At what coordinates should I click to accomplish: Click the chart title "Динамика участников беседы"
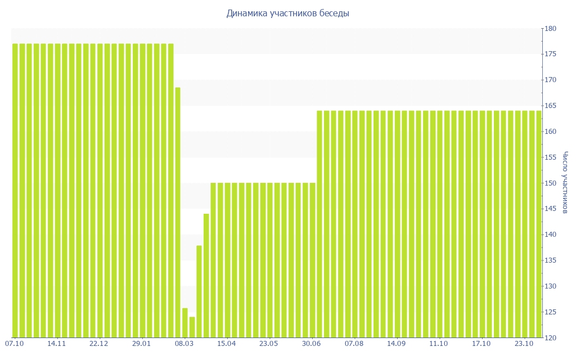(287, 13)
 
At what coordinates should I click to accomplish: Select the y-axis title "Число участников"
(565, 183)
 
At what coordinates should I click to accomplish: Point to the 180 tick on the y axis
(550, 29)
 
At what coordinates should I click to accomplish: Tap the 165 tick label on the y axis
(550, 106)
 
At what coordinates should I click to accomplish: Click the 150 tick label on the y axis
(550, 183)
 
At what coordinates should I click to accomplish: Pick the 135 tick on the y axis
(550, 260)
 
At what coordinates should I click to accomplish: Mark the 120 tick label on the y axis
(550, 338)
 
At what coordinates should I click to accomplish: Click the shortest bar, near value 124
(192, 327)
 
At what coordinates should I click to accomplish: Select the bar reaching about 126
(185, 323)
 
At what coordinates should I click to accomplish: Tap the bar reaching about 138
(199, 291)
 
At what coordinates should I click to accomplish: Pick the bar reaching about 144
(206, 276)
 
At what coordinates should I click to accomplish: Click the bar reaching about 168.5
(178, 213)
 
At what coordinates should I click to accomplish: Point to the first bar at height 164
(319, 224)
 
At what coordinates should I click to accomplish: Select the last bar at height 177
(171, 190)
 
